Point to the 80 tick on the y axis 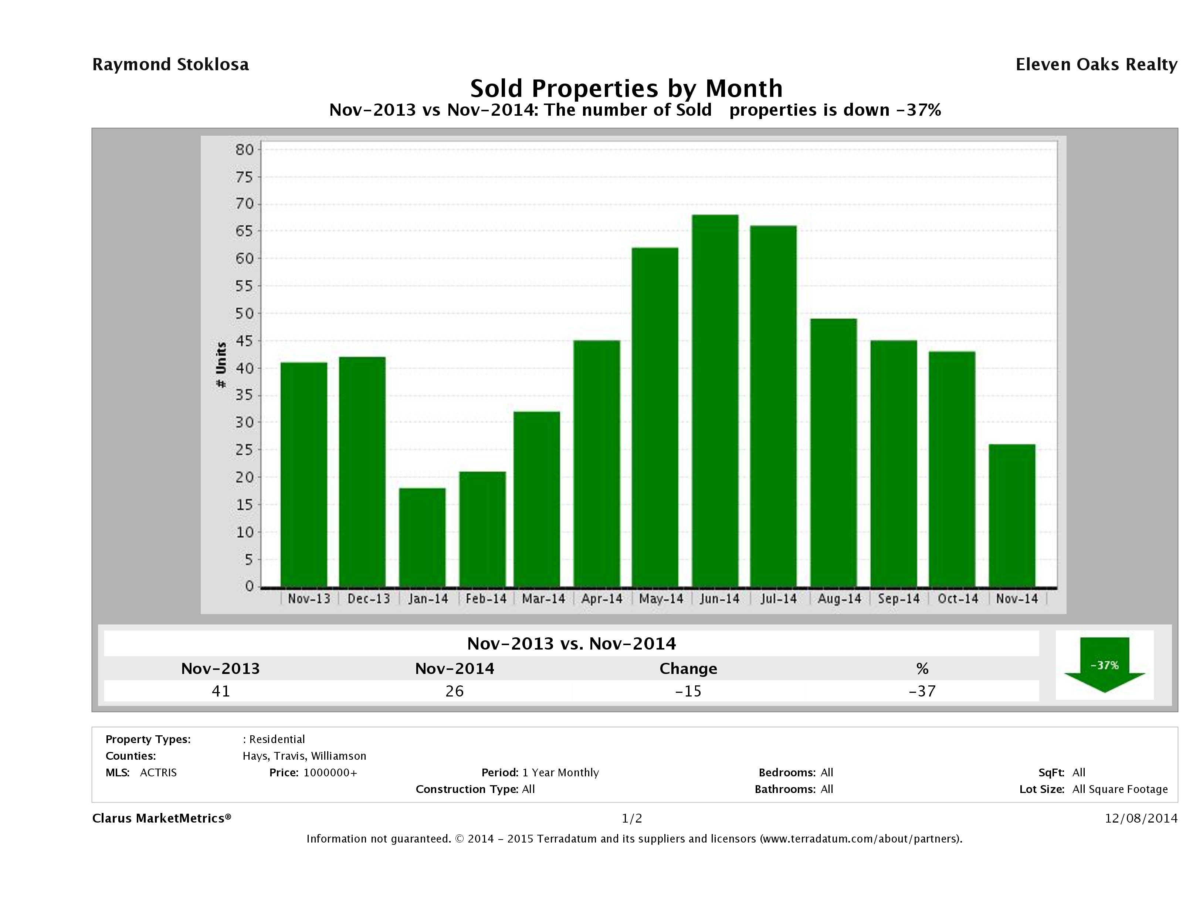244,149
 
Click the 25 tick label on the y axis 244,450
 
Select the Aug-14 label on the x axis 839,599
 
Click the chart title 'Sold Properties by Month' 626,88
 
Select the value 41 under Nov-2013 221,691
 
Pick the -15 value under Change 688,691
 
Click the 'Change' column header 688,669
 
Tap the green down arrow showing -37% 1104,665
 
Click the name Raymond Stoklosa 170,65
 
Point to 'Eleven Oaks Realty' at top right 1096,65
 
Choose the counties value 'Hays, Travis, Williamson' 304,756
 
